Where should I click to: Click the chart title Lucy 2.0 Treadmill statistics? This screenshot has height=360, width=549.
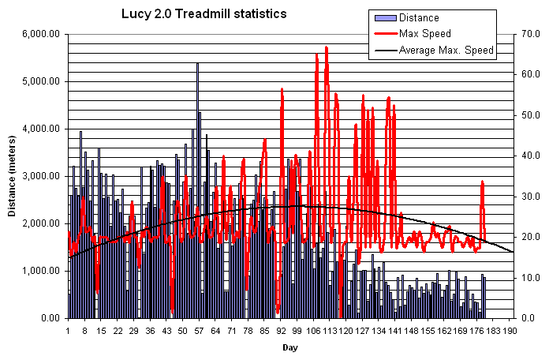coord(204,14)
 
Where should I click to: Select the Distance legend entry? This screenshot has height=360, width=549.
coord(419,17)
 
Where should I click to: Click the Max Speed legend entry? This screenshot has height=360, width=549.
coord(424,34)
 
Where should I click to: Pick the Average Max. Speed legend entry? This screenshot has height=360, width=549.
coord(446,50)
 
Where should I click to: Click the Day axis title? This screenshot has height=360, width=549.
coord(291,347)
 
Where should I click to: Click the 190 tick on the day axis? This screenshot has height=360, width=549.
coord(510,331)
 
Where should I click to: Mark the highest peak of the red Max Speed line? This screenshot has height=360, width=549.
coord(326,47)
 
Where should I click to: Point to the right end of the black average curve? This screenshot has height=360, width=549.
coord(514,252)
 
